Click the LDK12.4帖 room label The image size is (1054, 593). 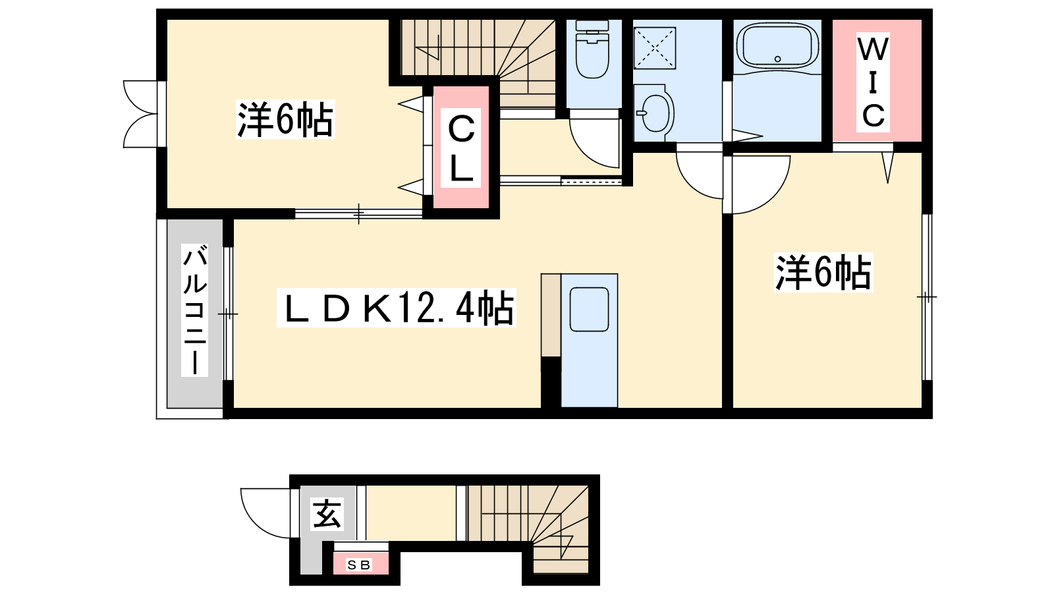[397, 308]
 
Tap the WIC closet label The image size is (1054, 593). [874, 82]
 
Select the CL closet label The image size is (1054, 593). [460, 148]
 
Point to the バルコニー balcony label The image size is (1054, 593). [195, 310]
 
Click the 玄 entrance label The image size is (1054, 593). [327, 514]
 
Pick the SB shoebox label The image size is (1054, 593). [359, 564]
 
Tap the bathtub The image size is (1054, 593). [777, 45]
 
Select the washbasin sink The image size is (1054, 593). [654, 113]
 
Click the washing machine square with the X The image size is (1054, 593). [655, 48]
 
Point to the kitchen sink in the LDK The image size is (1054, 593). [589, 309]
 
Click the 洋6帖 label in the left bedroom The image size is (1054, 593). [285, 119]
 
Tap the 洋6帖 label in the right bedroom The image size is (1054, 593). [823, 273]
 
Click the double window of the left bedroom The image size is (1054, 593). [140, 114]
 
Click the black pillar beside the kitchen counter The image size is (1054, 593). [551, 382]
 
